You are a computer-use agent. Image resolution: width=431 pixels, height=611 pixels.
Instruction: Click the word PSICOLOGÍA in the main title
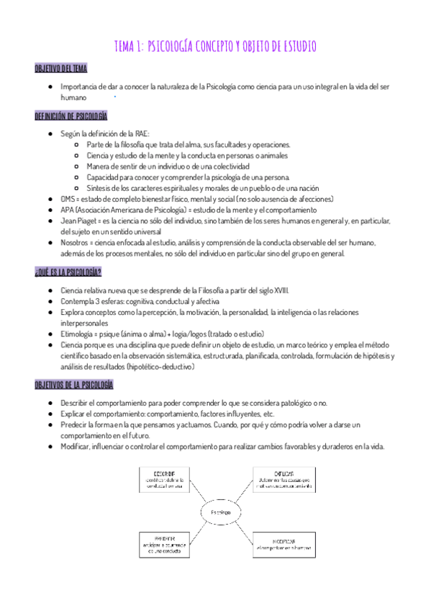pos(176,47)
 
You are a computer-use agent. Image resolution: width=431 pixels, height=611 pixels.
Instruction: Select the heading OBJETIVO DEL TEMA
pos(62,68)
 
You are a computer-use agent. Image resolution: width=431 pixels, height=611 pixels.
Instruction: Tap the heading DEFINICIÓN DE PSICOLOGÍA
pos(71,116)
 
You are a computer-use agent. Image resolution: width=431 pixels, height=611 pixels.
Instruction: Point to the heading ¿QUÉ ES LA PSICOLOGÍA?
pos(68,272)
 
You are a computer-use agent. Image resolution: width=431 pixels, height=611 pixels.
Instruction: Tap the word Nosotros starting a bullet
pos(76,243)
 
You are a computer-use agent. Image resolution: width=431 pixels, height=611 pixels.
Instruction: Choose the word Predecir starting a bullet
pos(76,425)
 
